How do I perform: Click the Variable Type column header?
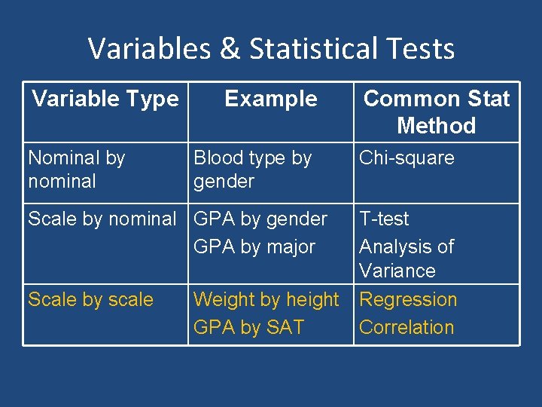point(105,99)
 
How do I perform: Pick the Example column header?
point(271,99)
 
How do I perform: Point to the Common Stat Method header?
point(437,112)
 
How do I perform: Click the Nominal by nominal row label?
point(76,170)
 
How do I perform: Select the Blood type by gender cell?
point(252,170)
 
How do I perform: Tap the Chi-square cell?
point(406,158)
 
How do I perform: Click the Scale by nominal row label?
point(102,219)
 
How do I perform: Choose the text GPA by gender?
point(260,219)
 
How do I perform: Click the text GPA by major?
point(254,247)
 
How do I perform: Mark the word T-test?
point(384,219)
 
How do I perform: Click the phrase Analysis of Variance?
point(406,259)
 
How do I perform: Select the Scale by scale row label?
point(90,300)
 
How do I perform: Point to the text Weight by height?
point(266,300)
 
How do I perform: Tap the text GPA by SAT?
point(249,328)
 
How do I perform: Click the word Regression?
point(408,300)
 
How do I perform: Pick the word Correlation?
point(406,328)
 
